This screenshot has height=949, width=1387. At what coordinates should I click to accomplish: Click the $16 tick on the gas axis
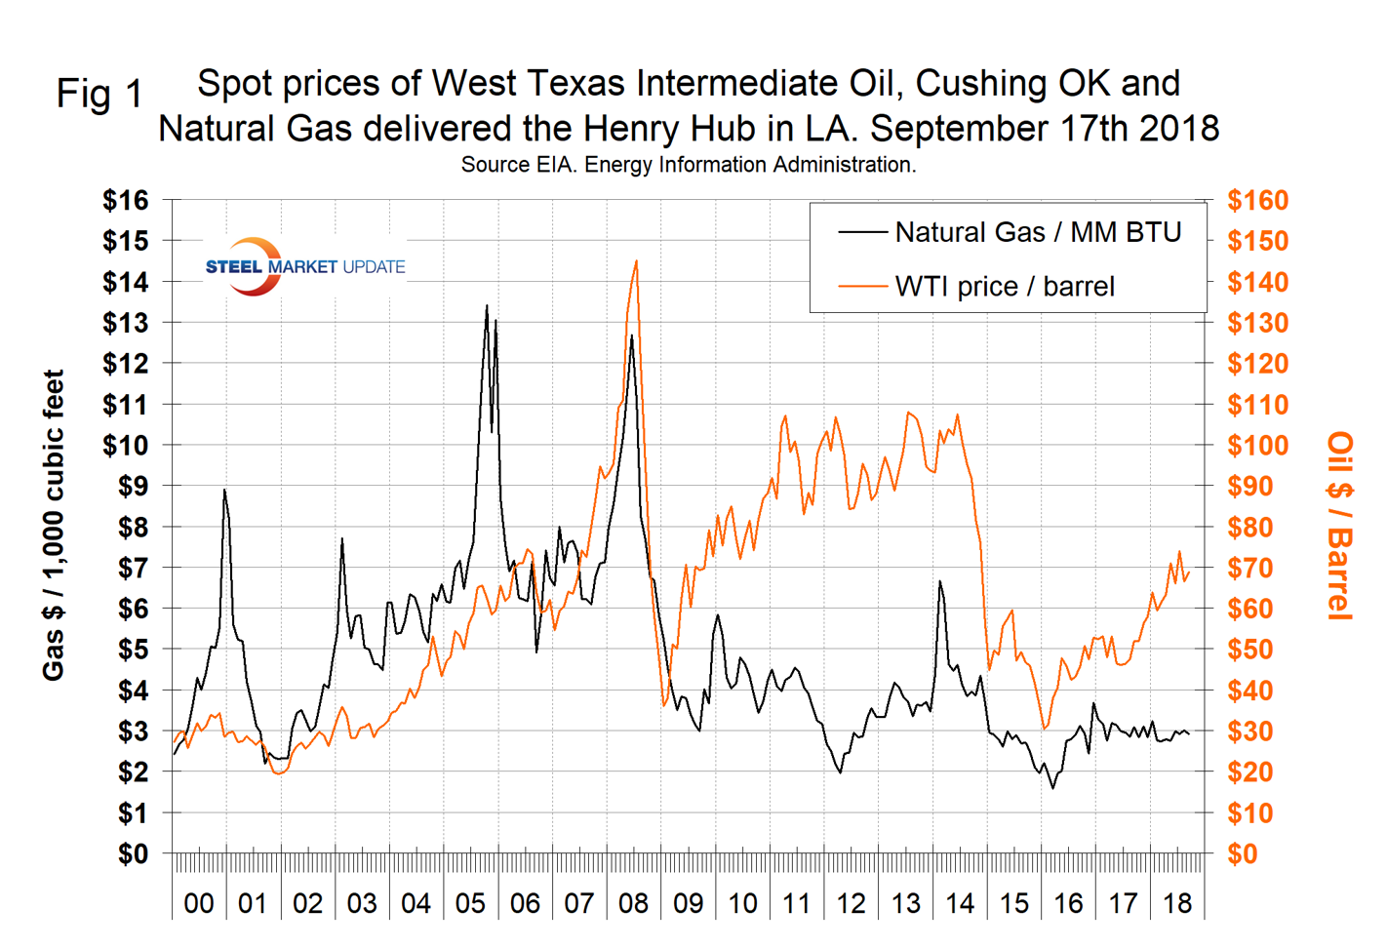point(126,201)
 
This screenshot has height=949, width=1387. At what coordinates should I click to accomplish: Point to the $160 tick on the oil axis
point(1257,201)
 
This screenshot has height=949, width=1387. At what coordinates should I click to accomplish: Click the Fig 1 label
point(99,95)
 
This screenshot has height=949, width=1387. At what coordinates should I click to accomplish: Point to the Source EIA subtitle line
point(688,165)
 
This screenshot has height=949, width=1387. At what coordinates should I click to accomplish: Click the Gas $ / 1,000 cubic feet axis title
point(53,526)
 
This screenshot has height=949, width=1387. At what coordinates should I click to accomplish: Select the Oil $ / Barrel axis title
point(1340,526)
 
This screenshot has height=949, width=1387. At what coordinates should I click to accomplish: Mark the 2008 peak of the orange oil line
point(636,260)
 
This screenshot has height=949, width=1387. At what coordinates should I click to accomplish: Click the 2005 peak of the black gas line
point(487,305)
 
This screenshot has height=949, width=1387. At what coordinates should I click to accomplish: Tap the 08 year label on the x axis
point(633,903)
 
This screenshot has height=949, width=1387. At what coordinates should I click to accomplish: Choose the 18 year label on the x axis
point(1177,903)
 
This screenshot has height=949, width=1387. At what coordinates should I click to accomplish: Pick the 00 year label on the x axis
point(198,903)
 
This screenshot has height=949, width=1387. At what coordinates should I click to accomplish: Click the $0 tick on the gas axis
point(133,854)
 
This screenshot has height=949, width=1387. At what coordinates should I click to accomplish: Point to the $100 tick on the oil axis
point(1257,446)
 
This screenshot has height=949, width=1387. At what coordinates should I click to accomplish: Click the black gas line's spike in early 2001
point(224,490)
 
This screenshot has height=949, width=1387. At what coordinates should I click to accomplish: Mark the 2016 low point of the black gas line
point(1052,788)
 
